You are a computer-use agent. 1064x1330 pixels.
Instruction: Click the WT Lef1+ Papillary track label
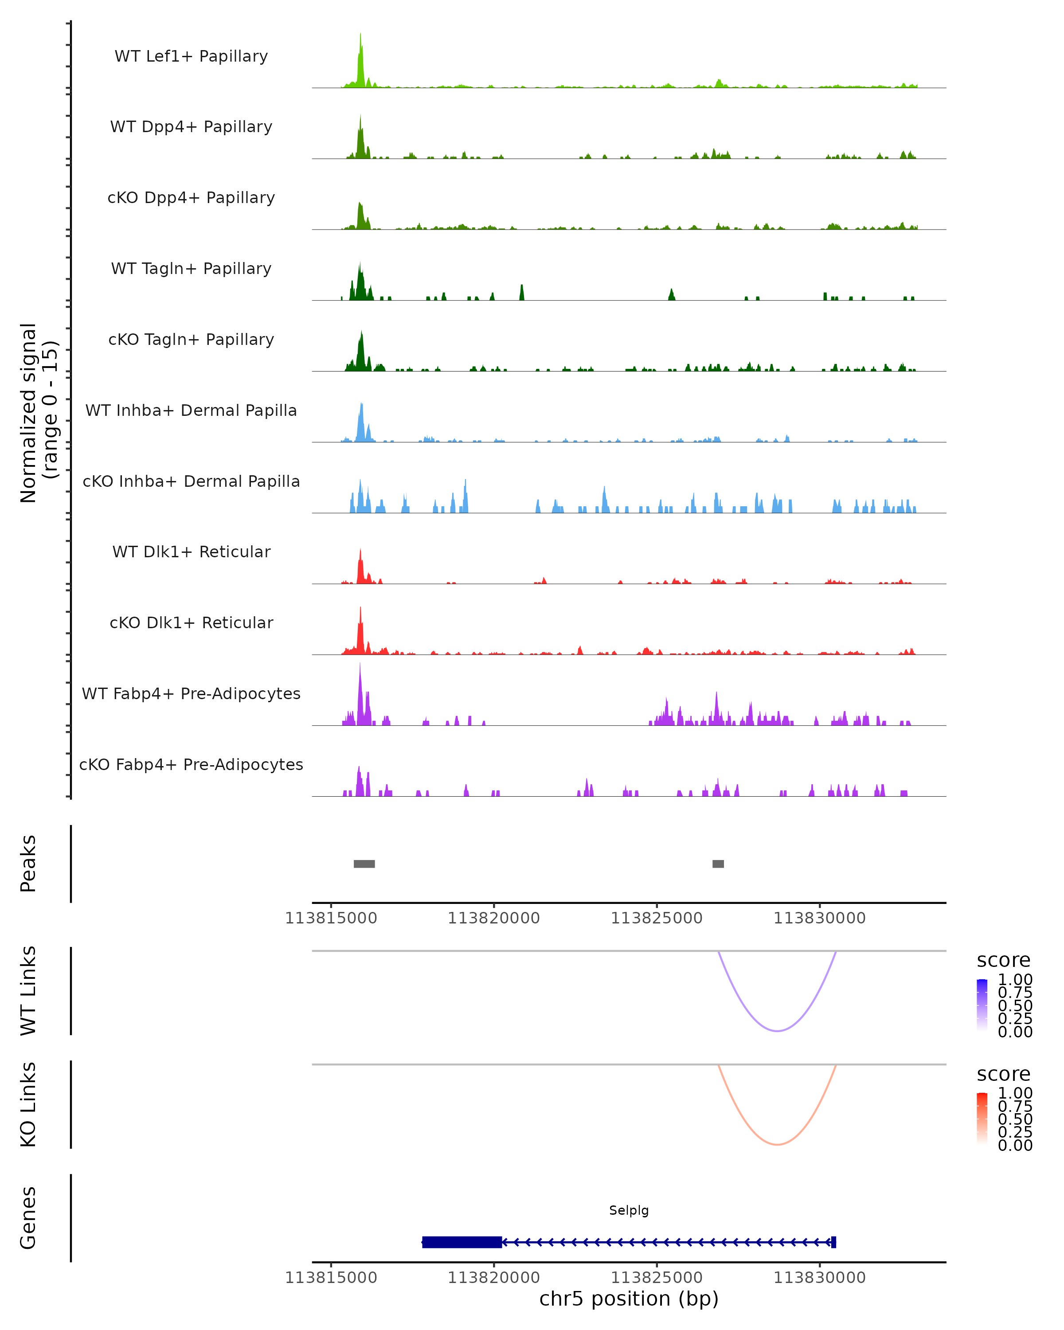(191, 56)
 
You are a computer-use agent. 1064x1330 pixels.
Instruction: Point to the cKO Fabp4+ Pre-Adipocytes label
(191, 764)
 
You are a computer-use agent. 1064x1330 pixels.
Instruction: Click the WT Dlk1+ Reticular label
(191, 552)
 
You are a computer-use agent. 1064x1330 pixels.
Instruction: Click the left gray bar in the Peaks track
(364, 864)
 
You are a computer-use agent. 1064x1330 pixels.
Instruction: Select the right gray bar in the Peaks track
(718, 864)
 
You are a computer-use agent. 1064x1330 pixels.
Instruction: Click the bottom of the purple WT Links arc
(778, 1031)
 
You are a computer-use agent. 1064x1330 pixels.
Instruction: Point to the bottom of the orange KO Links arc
(778, 1144)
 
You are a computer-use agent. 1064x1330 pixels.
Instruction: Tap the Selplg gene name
(629, 1210)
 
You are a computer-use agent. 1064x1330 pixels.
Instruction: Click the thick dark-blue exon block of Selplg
(462, 1242)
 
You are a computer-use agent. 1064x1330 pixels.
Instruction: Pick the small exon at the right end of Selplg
(833, 1242)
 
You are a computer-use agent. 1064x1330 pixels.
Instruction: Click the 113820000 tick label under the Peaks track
(493, 918)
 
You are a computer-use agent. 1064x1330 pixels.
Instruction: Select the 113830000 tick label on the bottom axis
(819, 1278)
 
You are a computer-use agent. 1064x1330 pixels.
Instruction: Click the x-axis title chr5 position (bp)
(629, 1299)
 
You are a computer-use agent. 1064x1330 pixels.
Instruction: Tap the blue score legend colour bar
(982, 1005)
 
